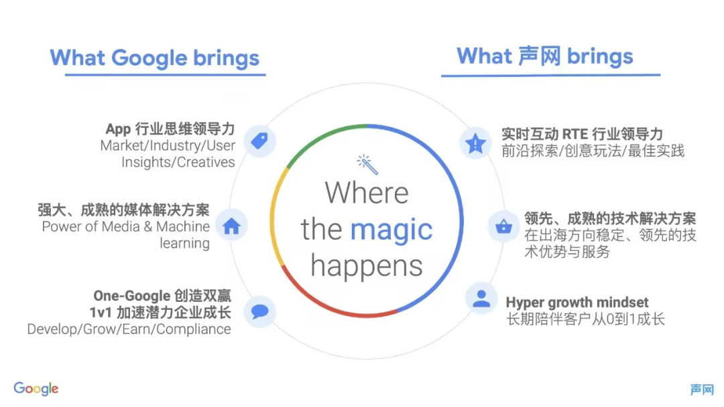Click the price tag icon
click(x=259, y=141)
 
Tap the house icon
click(x=231, y=226)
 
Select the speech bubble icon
click(x=259, y=311)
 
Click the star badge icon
click(x=475, y=143)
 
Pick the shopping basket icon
click(x=503, y=226)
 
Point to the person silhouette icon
click(x=481, y=299)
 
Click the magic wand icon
click(x=367, y=164)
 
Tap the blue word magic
click(x=391, y=230)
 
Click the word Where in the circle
click(x=367, y=193)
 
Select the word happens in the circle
click(x=367, y=266)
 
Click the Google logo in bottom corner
click(x=36, y=388)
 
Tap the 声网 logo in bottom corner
click(x=702, y=390)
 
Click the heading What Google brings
click(x=155, y=58)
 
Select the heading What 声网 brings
click(x=545, y=56)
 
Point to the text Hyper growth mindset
click(x=577, y=303)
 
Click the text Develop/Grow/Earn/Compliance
click(x=129, y=329)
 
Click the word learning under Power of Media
click(x=185, y=244)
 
